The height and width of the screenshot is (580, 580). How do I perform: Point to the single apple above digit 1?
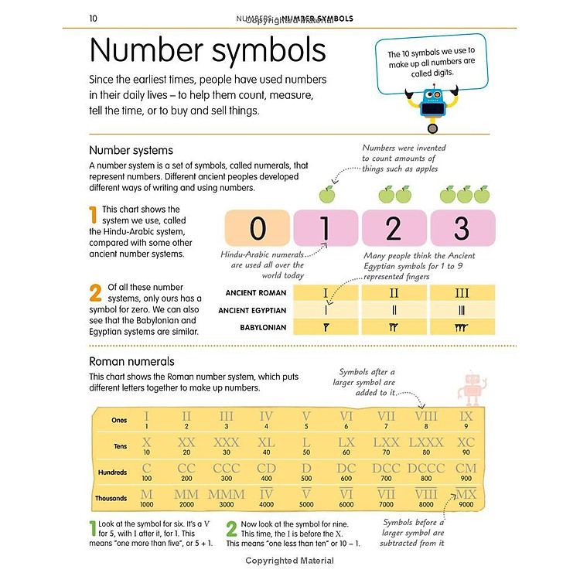[x=326, y=193]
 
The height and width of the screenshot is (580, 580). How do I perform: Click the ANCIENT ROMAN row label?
[x=256, y=293]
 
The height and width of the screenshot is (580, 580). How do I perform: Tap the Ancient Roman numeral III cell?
[x=461, y=293]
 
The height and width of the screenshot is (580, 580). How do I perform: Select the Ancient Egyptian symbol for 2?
[x=394, y=310]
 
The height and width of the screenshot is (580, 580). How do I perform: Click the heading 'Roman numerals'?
[x=131, y=361]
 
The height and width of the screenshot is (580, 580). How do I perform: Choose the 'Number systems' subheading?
[x=131, y=150]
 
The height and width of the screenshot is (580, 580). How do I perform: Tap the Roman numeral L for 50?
[x=306, y=444]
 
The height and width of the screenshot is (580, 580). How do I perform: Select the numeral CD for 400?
[x=266, y=469]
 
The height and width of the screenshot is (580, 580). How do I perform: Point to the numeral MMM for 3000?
[x=227, y=495]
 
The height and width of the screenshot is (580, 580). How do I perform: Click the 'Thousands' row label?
[x=112, y=498]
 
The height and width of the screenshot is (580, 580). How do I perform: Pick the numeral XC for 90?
[x=466, y=444]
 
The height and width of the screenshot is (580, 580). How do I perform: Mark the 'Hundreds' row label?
[x=113, y=472]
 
